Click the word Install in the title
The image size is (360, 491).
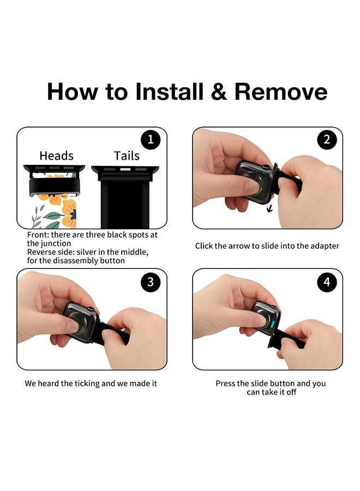pos(169,92)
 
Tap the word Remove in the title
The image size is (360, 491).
pos(281,92)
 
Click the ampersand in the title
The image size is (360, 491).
pos(219,92)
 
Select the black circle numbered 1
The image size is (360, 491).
pos(151,140)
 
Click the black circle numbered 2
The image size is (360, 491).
pos(327,140)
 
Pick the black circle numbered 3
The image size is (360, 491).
pos(151,282)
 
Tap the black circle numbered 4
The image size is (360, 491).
pos(327,282)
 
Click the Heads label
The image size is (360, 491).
pos(56,155)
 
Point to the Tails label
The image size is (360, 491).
pos(127,155)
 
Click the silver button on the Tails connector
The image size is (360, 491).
pos(125,170)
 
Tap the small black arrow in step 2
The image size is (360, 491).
pos(269,208)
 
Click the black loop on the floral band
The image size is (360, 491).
pos(55,187)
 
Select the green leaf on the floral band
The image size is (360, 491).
pos(53,215)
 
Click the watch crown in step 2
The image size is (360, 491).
pos(265,167)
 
